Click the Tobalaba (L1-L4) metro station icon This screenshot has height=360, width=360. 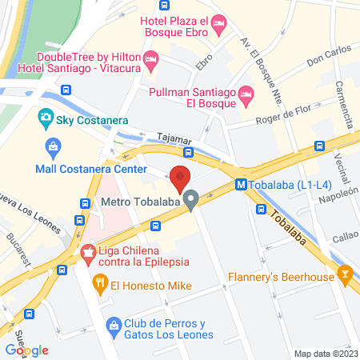241,184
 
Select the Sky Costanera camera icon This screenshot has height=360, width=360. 46,119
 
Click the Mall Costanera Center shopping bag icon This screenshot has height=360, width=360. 54,147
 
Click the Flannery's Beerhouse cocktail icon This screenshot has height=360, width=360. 346,274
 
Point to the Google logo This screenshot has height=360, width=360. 27,350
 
